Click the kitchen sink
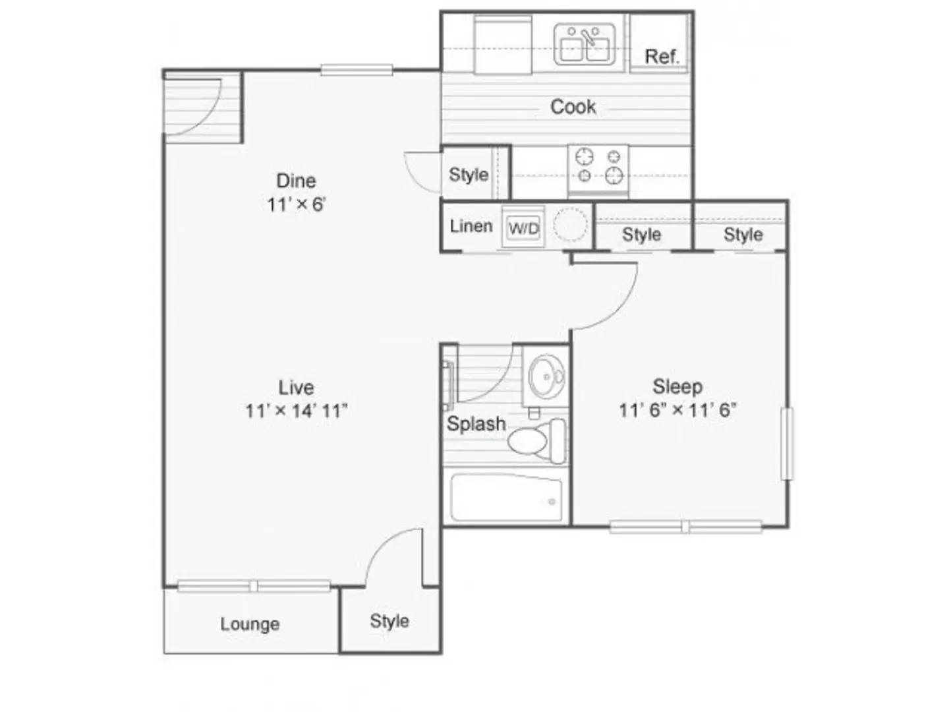point(584,45)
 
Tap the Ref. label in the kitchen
point(662,56)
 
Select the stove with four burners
point(598,170)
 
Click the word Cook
point(573,107)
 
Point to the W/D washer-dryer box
point(523,227)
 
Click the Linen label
point(471,226)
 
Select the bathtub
point(506,498)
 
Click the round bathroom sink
point(546,376)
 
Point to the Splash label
point(476,424)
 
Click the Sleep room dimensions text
point(677,410)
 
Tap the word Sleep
point(677,386)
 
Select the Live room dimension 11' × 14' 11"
point(297,411)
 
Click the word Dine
point(296,181)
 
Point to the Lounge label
point(250,624)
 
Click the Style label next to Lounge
point(389,622)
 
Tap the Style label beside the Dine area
point(469,175)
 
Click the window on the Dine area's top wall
point(357,70)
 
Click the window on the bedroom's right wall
point(788,444)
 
